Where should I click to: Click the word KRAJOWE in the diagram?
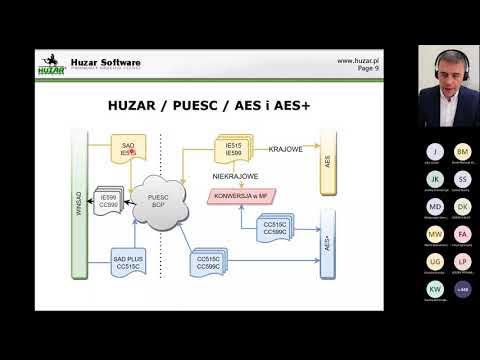[x=287, y=149]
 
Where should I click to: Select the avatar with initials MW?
[x=435, y=233]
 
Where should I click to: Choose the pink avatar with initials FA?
[x=461, y=233]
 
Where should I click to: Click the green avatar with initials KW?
[x=435, y=289]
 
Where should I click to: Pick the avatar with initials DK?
[x=461, y=206]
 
